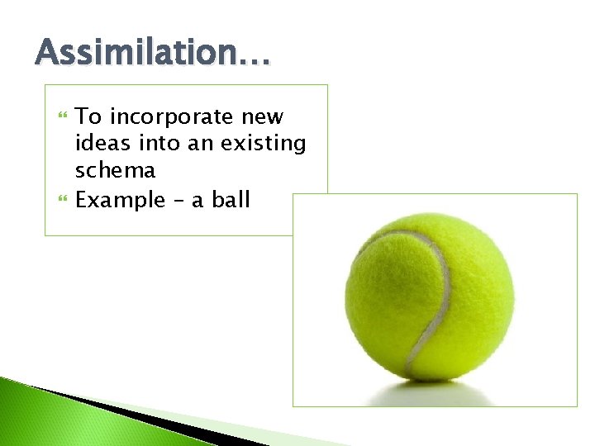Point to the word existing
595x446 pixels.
tap(264, 145)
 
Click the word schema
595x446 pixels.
tap(115, 170)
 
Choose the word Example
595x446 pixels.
tap(120, 199)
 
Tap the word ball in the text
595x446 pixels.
tap(231, 199)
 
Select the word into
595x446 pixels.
tap(155, 144)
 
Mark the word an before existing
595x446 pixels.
tap(203, 145)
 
